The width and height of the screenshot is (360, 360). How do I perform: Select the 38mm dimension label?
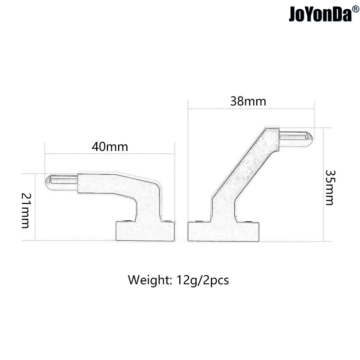(248, 102)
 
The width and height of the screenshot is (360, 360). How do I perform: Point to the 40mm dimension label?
(110, 147)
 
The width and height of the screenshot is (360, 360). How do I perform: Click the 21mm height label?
(26, 211)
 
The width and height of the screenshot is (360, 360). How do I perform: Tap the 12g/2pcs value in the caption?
(203, 280)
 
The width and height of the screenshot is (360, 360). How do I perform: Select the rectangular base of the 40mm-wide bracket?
(145, 231)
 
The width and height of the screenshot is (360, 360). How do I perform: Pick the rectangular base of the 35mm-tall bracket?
(223, 231)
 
